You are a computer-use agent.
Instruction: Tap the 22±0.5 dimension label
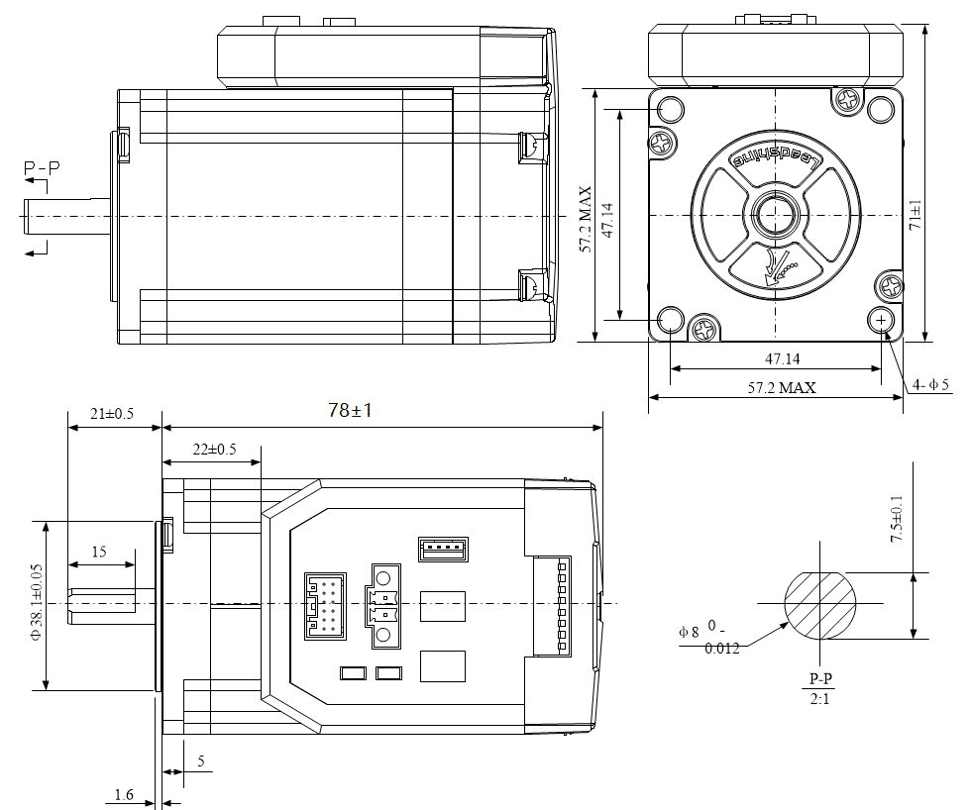point(214,449)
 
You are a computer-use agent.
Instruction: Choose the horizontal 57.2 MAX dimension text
point(783,387)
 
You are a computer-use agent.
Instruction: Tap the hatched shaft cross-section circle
point(820,604)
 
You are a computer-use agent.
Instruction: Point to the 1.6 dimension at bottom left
point(124,793)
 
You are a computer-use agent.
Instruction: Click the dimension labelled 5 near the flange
point(201,761)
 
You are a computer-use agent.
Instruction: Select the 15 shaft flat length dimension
point(99,552)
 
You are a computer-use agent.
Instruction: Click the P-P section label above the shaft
point(42,169)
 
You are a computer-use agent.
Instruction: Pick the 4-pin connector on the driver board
point(443,548)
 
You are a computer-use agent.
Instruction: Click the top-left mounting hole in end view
point(671,109)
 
